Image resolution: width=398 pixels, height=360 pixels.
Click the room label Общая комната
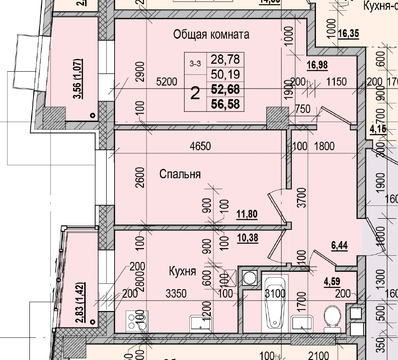tap(211, 35)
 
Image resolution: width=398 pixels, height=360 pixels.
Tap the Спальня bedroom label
tap(180, 174)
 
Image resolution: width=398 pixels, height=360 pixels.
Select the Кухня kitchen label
tap(182, 271)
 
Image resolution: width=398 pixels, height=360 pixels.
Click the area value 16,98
tap(317, 65)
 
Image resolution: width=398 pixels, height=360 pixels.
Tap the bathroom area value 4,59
tap(332, 282)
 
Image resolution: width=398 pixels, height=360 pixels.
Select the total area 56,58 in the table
tap(226, 104)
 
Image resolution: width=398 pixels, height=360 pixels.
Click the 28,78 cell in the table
tap(226, 59)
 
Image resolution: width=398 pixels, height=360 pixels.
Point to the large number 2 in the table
tap(195, 93)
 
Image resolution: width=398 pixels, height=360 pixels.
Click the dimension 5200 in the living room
tap(167, 82)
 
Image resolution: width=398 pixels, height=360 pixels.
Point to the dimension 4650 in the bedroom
tap(200, 146)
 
